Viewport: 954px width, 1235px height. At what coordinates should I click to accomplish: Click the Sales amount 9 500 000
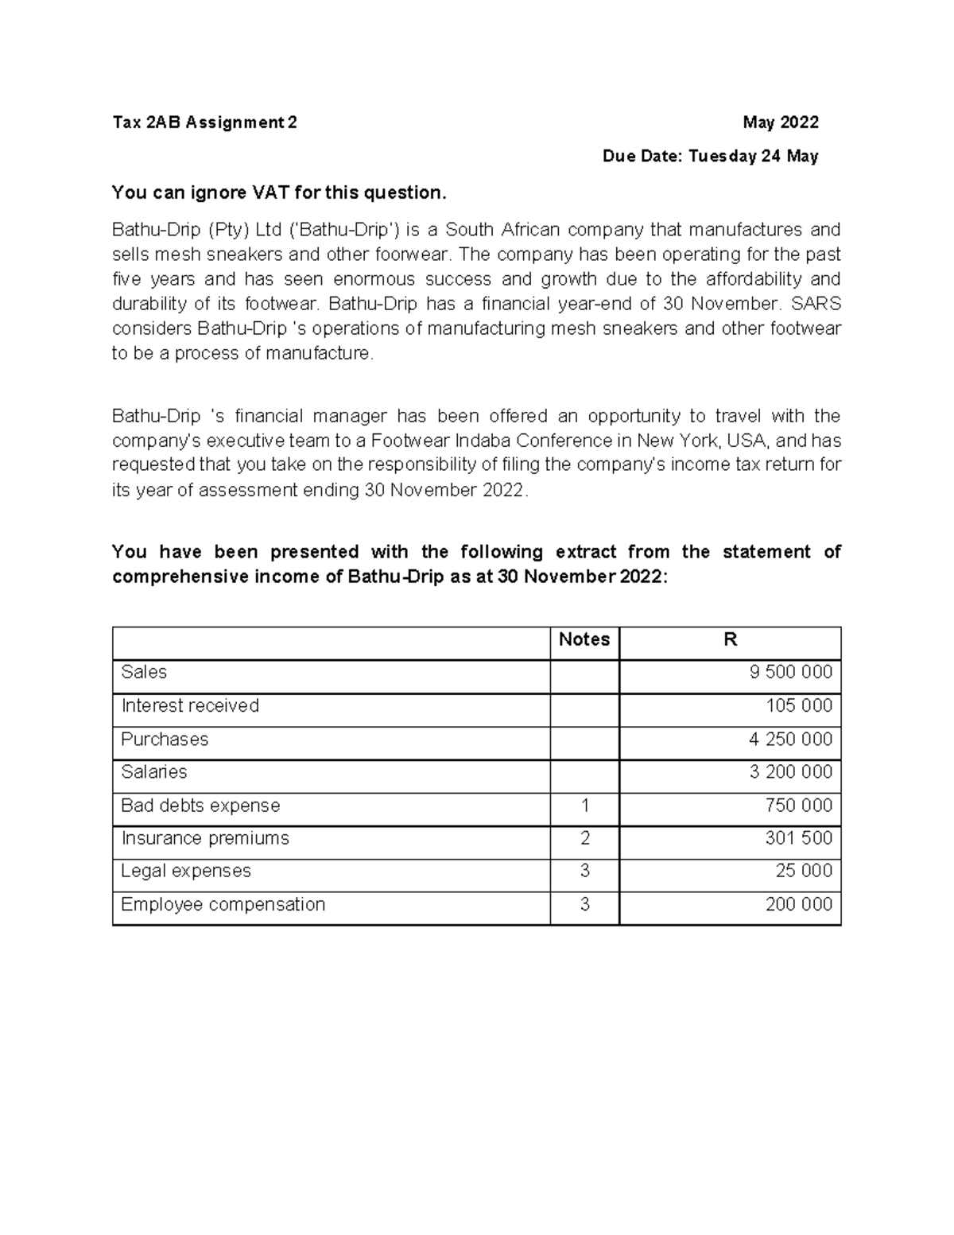point(790,673)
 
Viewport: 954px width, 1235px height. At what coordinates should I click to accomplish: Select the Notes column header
point(584,640)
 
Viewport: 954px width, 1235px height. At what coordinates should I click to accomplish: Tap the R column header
point(730,640)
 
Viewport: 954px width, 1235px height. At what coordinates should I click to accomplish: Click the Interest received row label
point(190,706)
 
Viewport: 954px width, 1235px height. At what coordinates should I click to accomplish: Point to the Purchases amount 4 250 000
point(790,740)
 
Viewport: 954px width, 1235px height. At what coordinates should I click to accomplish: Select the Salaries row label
point(153,772)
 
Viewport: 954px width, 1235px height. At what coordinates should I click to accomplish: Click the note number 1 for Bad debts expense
point(584,806)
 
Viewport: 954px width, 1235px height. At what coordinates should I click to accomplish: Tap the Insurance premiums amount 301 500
point(798,838)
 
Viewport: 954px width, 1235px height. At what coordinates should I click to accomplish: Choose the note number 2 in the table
point(584,838)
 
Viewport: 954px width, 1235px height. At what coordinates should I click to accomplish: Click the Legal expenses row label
point(185,872)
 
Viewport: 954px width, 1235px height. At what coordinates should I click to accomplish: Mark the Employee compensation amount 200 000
point(798,905)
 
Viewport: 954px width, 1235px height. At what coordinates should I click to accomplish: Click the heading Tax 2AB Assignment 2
point(204,122)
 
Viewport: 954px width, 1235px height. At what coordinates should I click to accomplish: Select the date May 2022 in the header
point(780,122)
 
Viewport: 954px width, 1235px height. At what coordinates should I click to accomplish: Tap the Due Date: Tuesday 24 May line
point(710,156)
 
